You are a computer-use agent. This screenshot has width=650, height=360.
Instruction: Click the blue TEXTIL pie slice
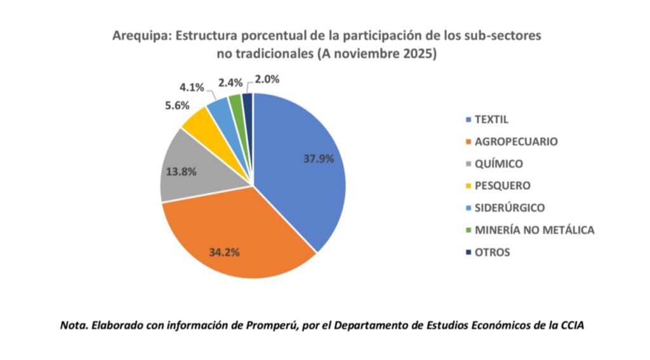298,184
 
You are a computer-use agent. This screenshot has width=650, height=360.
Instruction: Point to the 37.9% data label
319,159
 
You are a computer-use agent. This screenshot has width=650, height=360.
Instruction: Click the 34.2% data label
224,252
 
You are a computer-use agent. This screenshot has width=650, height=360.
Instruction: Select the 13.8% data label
182,171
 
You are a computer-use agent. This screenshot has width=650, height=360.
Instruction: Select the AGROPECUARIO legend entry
516,142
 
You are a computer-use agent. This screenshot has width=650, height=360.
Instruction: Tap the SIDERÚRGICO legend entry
510,208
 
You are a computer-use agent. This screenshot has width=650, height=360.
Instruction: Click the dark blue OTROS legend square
468,252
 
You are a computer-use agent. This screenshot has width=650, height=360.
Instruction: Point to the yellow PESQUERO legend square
468,186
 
